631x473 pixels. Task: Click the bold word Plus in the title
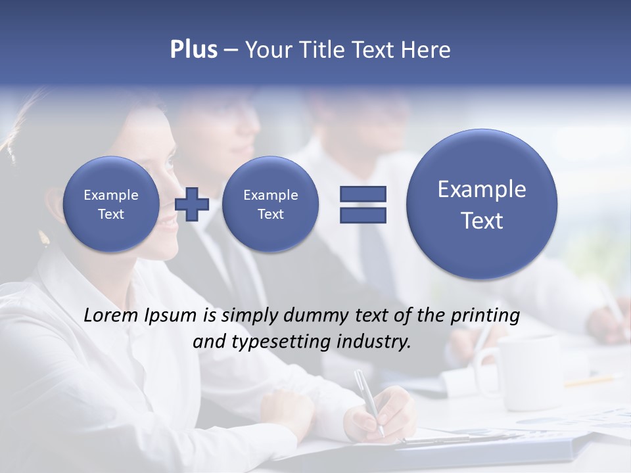click(x=193, y=50)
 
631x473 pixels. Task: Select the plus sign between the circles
click(x=192, y=204)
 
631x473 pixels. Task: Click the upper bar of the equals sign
click(x=363, y=194)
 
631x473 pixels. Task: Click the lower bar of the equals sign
click(x=363, y=215)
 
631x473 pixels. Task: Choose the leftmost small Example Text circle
click(x=110, y=204)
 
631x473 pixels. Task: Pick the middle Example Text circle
click(x=270, y=204)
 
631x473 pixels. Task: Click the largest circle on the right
click(x=482, y=204)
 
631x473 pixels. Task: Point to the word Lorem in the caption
click(x=108, y=315)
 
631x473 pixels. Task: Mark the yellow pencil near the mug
click(x=592, y=380)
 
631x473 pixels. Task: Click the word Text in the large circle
click(x=482, y=221)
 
